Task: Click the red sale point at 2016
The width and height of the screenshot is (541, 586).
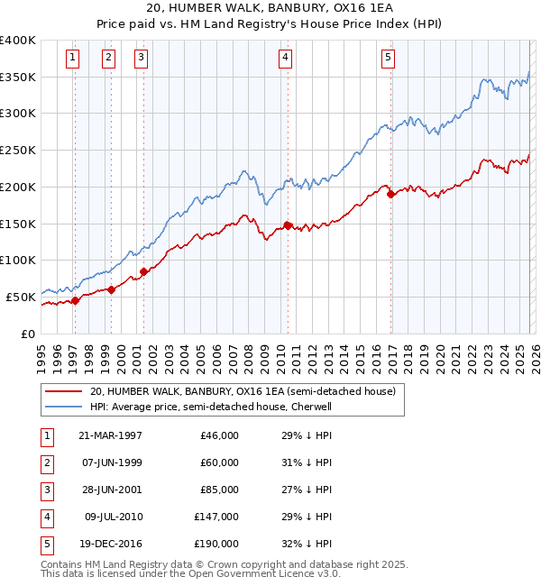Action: [390, 194]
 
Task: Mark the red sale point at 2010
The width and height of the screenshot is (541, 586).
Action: [288, 225]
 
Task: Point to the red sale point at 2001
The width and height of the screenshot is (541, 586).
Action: [143, 270]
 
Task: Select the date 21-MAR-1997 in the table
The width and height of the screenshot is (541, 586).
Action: [110, 435]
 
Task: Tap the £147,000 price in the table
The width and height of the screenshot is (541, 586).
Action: [216, 517]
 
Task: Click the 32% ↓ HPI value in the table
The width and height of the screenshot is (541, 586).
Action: [307, 545]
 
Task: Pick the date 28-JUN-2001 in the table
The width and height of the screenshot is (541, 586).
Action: [110, 490]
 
